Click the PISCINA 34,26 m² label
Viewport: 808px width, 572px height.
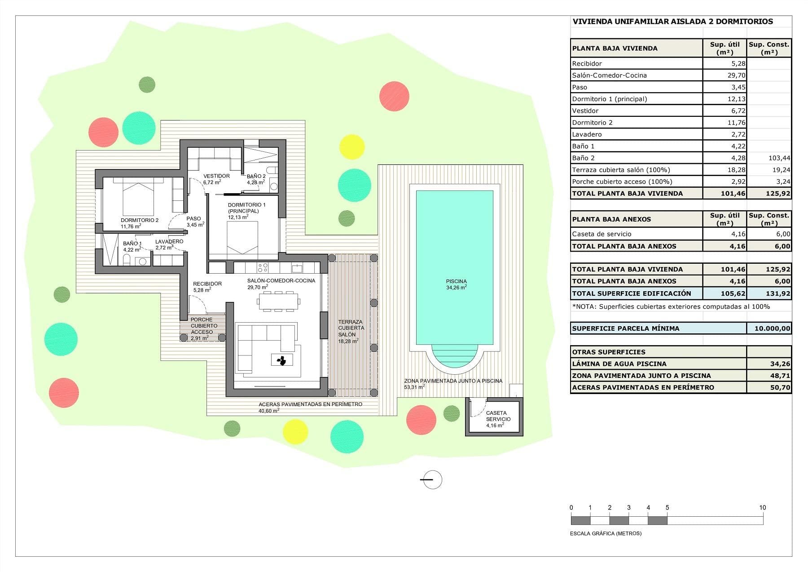[x=457, y=284]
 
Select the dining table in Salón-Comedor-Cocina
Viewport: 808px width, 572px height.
[x=278, y=301]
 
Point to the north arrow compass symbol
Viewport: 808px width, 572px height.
[x=432, y=479]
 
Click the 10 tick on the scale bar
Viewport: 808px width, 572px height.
[x=763, y=508]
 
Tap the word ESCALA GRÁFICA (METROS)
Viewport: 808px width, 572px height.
[x=606, y=533]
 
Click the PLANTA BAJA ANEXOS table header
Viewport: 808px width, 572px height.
[x=611, y=219]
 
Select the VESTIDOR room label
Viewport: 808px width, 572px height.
[x=216, y=176]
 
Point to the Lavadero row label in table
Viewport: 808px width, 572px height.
[x=587, y=134]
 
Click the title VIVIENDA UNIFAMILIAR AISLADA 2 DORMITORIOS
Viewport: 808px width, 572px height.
[x=672, y=21]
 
